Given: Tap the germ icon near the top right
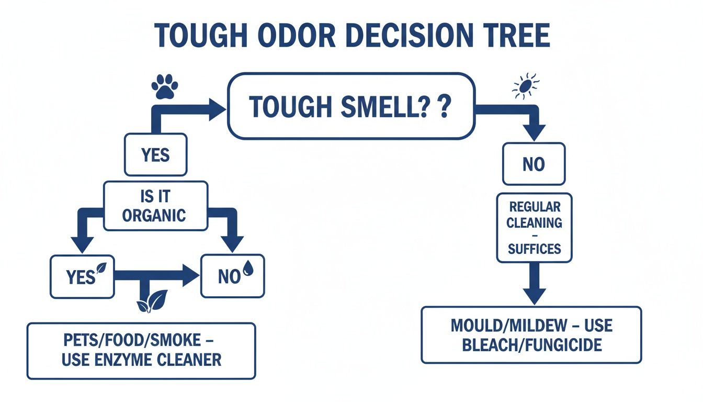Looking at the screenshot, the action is tap(526, 86).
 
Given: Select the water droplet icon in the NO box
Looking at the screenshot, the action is tap(248, 268).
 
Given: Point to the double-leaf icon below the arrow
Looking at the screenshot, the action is tap(152, 301).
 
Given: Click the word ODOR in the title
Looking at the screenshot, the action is tap(296, 35).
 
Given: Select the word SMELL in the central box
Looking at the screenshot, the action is tap(383, 106).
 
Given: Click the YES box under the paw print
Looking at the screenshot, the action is tap(156, 154).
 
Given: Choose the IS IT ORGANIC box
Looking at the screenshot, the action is tap(156, 206).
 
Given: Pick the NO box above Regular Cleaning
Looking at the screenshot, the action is tap(534, 164).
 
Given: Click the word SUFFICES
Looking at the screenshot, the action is tap(534, 249).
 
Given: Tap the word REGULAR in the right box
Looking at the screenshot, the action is tap(535, 207).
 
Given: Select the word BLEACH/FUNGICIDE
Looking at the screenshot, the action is tap(532, 345).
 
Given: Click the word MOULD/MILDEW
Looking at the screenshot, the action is tap(509, 326).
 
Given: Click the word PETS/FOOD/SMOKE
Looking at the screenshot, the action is tap(132, 340).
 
